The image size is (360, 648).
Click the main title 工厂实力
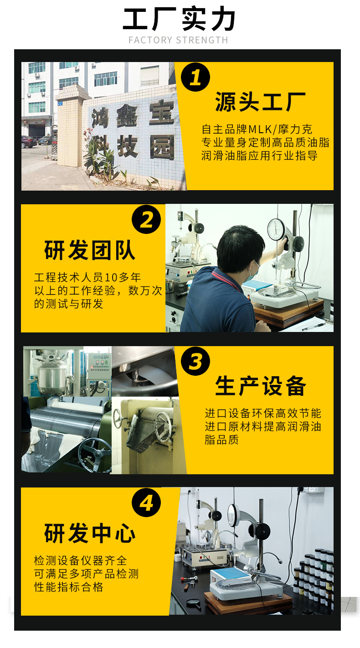point(179,19)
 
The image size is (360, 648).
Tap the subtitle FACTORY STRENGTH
point(179,40)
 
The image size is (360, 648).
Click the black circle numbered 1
point(195,77)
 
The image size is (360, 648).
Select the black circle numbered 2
point(146,219)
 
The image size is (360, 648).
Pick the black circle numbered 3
point(195,361)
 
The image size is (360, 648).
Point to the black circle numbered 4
point(146,503)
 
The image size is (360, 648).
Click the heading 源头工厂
point(260,102)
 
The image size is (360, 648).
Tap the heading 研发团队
point(90,250)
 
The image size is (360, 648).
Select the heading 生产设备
point(260,386)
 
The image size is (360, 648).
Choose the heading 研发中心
point(90,534)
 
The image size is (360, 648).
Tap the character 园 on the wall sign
point(162,148)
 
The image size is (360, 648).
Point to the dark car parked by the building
point(29,142)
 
